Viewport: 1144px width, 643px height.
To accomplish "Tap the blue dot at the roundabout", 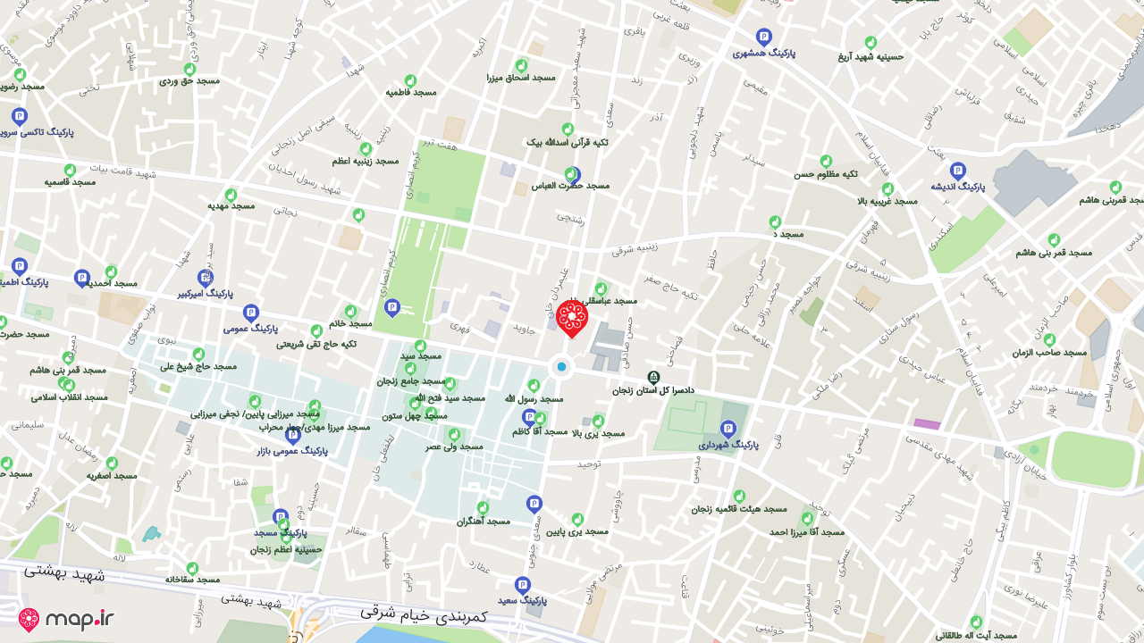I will (561, 366).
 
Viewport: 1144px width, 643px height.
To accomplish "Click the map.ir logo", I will (67, 619).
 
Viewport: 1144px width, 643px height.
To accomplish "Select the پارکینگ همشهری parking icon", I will (763, 37).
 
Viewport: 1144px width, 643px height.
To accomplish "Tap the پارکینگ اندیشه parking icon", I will (957, 171).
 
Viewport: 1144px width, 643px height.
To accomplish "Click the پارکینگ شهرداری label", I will (728, 444).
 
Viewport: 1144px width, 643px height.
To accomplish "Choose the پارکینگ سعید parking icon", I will (523, 585).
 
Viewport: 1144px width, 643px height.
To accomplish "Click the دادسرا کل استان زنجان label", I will (652, 390).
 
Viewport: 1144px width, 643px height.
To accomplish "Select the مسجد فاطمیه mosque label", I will (411, 92).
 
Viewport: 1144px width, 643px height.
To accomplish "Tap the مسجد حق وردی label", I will (189, 80).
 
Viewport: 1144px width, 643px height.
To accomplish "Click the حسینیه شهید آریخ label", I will (871, 55).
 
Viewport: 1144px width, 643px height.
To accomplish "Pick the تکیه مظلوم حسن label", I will (826, 173).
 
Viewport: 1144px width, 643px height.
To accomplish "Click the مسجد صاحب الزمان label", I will (1049, 353).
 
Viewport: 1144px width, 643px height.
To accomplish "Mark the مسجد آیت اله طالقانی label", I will (976, 635).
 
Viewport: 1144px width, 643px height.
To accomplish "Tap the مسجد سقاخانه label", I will (192, 579).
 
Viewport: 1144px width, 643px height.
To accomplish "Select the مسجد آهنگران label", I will (483, 521).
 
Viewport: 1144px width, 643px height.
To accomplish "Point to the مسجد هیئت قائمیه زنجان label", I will (739, 508).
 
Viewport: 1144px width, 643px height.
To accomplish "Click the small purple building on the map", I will (927, 424).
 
